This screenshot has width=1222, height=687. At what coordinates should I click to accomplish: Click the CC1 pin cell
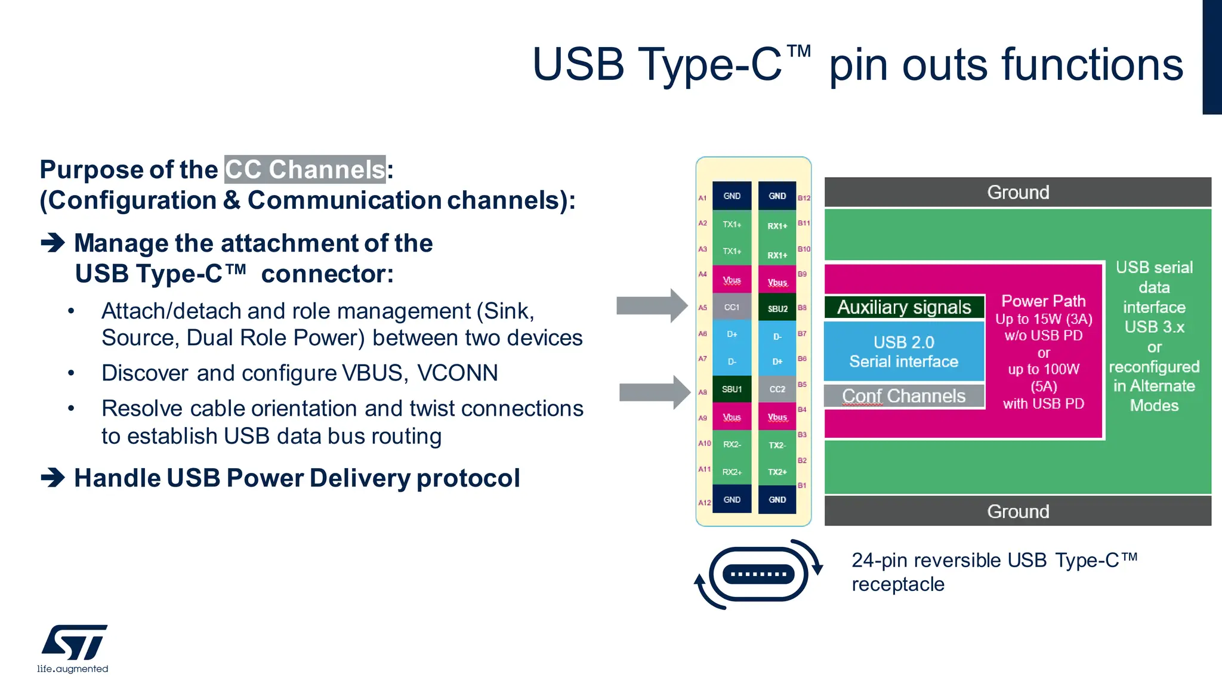coord(732,307)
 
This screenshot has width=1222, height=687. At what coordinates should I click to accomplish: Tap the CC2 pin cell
coord(777,389)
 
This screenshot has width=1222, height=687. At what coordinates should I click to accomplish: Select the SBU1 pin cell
coord(732,389)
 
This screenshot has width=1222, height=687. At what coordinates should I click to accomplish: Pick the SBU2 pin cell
coord(777,308)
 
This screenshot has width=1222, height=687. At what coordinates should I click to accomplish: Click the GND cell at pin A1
coord(732,196)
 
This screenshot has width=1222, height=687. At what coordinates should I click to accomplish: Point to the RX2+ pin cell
coord(732,472)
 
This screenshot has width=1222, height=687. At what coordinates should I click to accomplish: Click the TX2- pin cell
coord(777,445)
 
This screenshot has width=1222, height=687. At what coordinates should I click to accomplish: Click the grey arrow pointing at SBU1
coord(654,392)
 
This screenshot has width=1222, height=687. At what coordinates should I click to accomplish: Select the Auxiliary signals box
coord(904,307)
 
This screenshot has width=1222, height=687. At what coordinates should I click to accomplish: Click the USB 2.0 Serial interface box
coord(904,352)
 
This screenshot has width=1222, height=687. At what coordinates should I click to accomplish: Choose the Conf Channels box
coord(904,396)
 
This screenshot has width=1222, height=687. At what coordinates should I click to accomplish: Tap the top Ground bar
coord(1017,192)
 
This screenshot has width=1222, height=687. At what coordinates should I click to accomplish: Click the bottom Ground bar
coord(1017,511)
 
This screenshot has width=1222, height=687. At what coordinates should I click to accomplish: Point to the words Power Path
coord(1043,301)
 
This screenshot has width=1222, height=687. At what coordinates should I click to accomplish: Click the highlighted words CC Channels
coord(305,169)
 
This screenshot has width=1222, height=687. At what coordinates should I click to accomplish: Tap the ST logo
coord(73,643)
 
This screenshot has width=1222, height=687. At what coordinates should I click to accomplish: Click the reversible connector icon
coord(758,574)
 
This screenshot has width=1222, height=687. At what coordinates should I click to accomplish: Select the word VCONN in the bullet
coord(457,373)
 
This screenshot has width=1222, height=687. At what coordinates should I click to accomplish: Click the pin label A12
coord(704,503)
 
